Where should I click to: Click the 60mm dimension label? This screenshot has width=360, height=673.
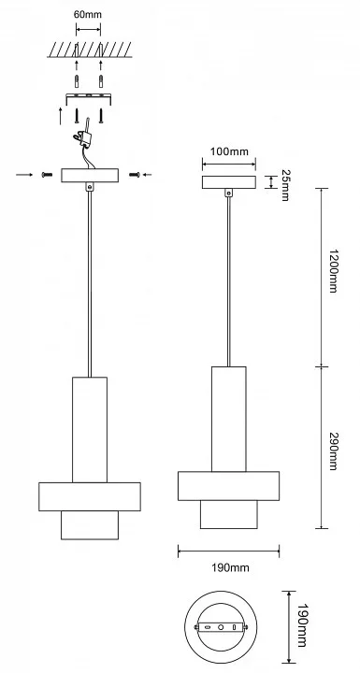88,15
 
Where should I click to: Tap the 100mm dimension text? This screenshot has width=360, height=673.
229,151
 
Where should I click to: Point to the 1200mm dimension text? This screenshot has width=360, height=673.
333,270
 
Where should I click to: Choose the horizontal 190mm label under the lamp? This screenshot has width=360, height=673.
230,568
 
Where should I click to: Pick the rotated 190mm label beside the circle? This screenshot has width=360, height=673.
302,625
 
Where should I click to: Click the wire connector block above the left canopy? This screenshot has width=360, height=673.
85,136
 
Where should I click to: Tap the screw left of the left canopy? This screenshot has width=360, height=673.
47,175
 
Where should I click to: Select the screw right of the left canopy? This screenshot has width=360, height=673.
135,175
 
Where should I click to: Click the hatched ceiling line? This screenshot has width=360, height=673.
90,50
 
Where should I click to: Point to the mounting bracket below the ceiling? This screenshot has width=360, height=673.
89,98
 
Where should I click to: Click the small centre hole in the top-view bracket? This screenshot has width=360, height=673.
221,627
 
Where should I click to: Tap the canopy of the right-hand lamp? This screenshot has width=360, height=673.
229,182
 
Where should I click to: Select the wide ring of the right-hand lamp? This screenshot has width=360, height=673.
228,486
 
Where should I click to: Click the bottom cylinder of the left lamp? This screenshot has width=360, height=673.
90,525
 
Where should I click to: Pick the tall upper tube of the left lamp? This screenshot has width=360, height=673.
90,430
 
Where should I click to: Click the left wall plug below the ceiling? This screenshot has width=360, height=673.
77,80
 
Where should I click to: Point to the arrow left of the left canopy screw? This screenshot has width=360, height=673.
24,175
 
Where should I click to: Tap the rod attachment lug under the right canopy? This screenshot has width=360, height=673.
229,193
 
